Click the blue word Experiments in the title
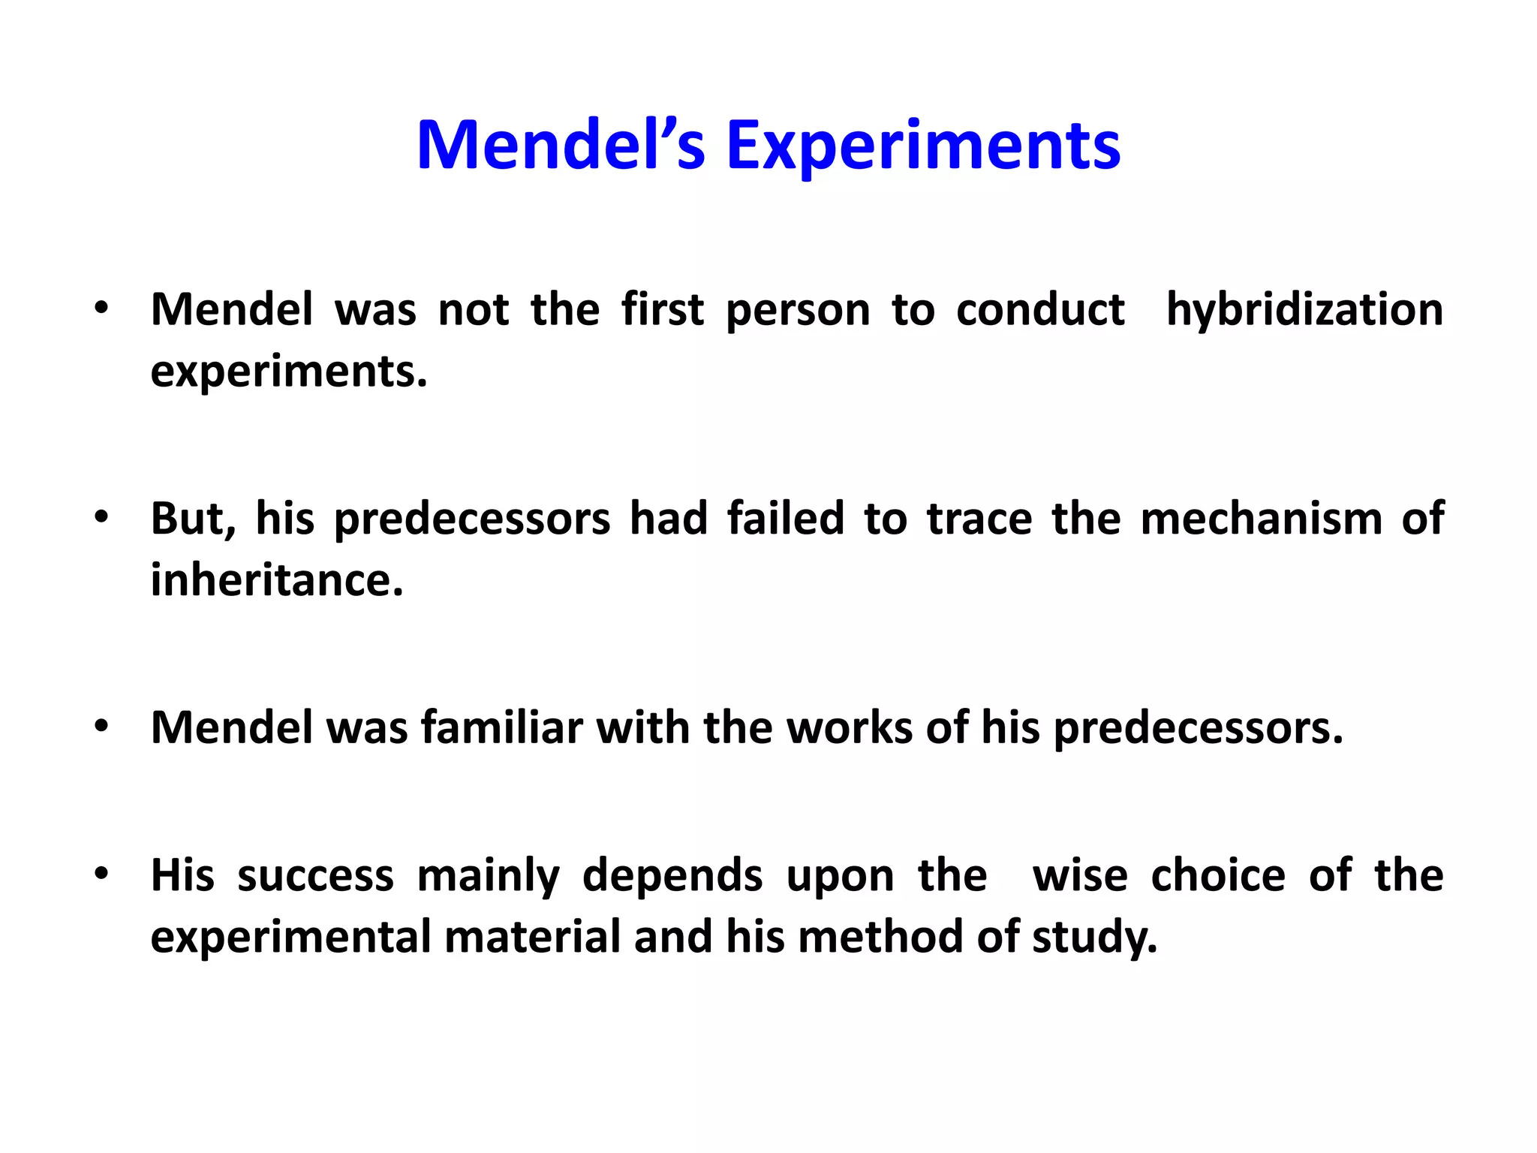923,146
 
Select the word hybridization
1304,310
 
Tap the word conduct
1040,310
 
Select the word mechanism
1261,519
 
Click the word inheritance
276,580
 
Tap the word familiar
501,727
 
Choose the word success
315,876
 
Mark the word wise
1080,876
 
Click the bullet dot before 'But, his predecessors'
102,517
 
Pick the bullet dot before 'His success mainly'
102,874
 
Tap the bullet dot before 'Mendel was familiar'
102,726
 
